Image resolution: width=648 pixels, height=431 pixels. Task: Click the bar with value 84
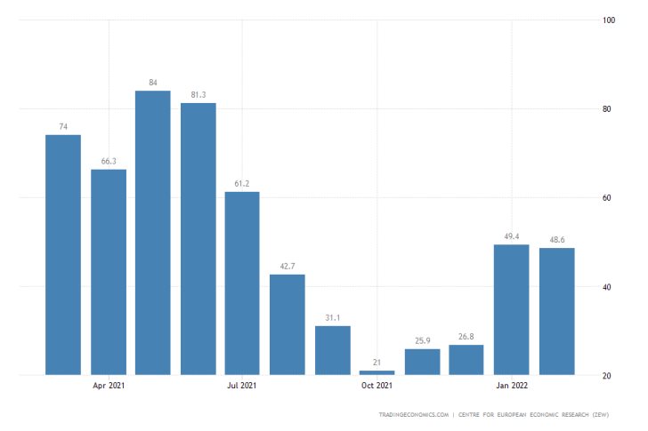pos(153,232)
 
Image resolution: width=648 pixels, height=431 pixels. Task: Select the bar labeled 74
pos(63,254)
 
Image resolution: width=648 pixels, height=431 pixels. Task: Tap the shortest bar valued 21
pos(377,372)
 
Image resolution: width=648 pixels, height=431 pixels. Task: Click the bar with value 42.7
pos(288,324)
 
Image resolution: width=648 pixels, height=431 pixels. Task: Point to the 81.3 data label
pos(198,95)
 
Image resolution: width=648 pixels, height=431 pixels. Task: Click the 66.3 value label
pos(109,162)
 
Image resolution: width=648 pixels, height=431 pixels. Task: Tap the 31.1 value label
pos(332,318)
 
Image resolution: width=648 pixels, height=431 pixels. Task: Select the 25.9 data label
pos(422,341)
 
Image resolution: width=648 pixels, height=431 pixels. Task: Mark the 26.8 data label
pos(466,337)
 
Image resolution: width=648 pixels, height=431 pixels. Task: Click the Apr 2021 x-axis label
pos(109,386)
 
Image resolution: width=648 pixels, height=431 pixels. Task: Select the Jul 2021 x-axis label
pos(242,386)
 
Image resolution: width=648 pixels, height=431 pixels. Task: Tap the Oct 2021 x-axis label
pos(377,386)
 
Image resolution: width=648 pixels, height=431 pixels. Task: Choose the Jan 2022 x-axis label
pos(511,386)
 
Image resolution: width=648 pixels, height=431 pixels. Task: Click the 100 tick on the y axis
pos(610,20)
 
